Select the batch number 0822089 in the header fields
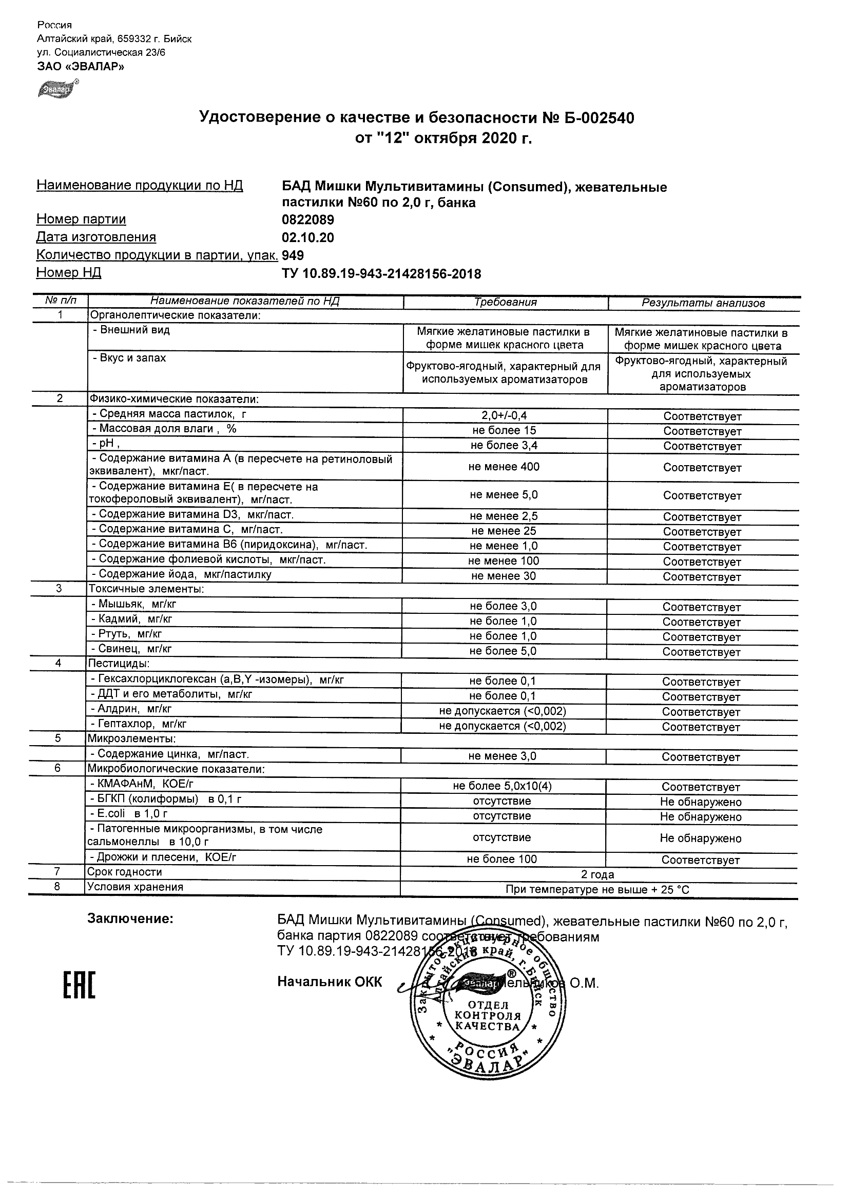[307, 219]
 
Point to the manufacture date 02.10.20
[307, 238]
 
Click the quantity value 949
[293, 255]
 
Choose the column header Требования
[505, 302]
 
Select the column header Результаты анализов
[703, 303]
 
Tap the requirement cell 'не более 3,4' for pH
[504, 445]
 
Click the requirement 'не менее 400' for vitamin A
[504, 467]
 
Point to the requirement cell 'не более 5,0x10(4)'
[502, 786]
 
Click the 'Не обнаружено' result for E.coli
[701, 816]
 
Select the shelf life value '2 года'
[597, 874]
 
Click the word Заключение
[130, 919]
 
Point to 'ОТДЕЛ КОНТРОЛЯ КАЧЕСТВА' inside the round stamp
[488, 1015]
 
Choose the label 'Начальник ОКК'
[330, 982]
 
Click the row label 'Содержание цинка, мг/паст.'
[169, 754]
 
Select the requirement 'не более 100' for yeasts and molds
[501, 859]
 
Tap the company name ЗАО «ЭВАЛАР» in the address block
[81, 66]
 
